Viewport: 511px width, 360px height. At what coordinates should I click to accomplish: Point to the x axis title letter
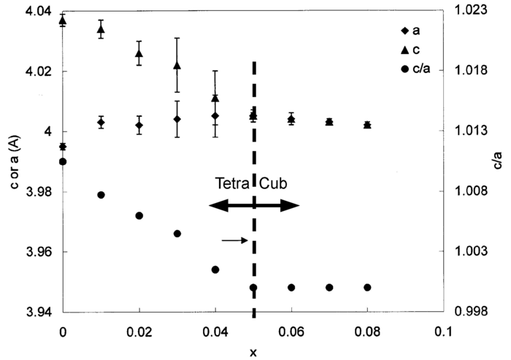(253, 352)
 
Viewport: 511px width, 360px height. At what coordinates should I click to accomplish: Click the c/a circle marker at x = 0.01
(101, 195)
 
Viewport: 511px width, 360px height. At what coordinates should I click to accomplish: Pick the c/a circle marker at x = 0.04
(215, 269)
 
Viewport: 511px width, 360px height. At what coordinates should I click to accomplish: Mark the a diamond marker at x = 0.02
(139, 126)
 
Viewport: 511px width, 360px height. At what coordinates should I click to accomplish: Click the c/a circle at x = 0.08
(367, 288)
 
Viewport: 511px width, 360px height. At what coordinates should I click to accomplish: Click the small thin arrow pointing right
(234, 240)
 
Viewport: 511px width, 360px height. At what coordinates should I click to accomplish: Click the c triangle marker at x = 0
(63, 21)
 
